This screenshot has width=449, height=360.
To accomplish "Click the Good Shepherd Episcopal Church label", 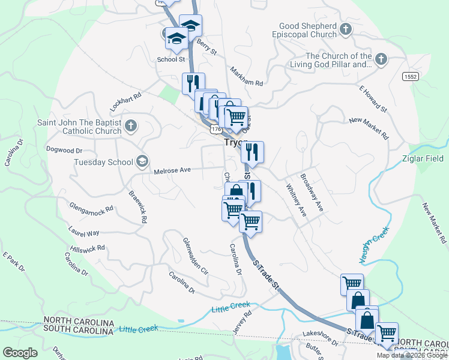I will pyautogui.click(x=308, y=30).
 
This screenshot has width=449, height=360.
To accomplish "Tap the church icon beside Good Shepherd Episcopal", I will pyautogui.click(x=346, y=29).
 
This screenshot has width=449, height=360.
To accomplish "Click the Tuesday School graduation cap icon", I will pyautogui.click(x=142, y=161).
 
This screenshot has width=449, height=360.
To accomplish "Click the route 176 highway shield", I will pyautogui.click(x=215, y=129).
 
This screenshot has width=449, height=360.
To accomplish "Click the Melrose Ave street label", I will pyautogui.click(x=172, y=170).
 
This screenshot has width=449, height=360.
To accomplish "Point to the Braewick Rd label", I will pyautogui.click(x=137, y=207).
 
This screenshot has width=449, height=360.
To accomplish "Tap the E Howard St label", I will pyautogui.click(x=373, y=99).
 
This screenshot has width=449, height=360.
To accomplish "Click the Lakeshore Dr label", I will pyautogui.click(x=321, y=337).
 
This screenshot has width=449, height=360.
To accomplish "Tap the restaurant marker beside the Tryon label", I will pyautogui.click(x=253, y=152).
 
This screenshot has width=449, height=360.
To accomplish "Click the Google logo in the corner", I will pyautogui.click(x=20, y=353).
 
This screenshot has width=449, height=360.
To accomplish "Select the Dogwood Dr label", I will pyautogui.click(x=64, y=150).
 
